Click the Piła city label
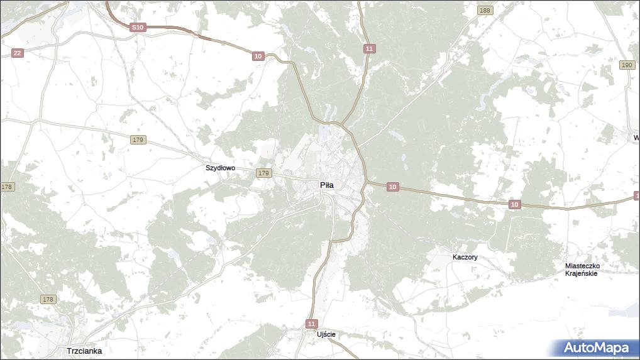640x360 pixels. point(327,185)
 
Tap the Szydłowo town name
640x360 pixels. point(220,168)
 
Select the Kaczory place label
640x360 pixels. point(465,258)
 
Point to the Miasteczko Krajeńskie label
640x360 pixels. point(582,270)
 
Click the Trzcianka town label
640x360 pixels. point(84,351)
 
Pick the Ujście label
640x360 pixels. point(326,334)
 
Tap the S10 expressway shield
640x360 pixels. point(138,28)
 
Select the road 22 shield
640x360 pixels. point(17,53)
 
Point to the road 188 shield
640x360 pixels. point(485,11)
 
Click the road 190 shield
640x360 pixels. point(627,65)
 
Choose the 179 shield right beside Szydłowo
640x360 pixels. point(263,173)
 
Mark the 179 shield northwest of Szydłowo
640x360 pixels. point(139,140)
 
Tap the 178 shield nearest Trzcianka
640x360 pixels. point(48,300)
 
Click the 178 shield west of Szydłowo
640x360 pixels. point(7,187)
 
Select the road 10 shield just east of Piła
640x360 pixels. point(392,187)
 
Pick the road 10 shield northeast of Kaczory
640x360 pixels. point(515,204)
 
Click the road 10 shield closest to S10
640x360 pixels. point(258,57)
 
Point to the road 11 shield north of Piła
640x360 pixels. point(369,48)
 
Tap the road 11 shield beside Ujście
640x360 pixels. point(312,324)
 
